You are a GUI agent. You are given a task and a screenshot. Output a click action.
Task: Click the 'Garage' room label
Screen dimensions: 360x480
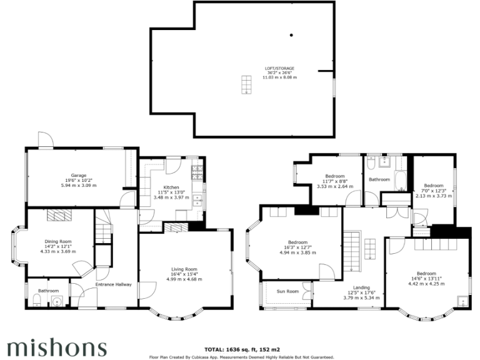point(78,176)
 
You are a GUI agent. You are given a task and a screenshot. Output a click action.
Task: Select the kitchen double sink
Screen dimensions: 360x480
point(198,200)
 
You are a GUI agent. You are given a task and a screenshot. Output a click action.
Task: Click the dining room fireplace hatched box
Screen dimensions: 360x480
point(59,216)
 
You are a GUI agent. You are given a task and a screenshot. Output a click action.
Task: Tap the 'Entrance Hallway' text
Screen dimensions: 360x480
point(113,285)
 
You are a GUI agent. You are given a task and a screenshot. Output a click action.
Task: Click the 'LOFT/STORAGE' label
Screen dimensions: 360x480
point(279,68)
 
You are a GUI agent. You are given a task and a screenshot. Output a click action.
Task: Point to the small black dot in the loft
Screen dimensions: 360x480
point(291,35)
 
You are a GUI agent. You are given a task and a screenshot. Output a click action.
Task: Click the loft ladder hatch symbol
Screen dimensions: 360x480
point(247,84)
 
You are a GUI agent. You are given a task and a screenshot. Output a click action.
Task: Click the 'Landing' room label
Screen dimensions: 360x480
point(361,287)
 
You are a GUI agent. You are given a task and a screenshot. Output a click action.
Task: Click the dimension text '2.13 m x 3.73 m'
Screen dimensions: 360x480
point(434,196)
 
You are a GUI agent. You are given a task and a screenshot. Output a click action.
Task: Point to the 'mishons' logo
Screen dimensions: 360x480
point(57,346)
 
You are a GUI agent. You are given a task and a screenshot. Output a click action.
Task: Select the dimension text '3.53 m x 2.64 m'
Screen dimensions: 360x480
point(331,186)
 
